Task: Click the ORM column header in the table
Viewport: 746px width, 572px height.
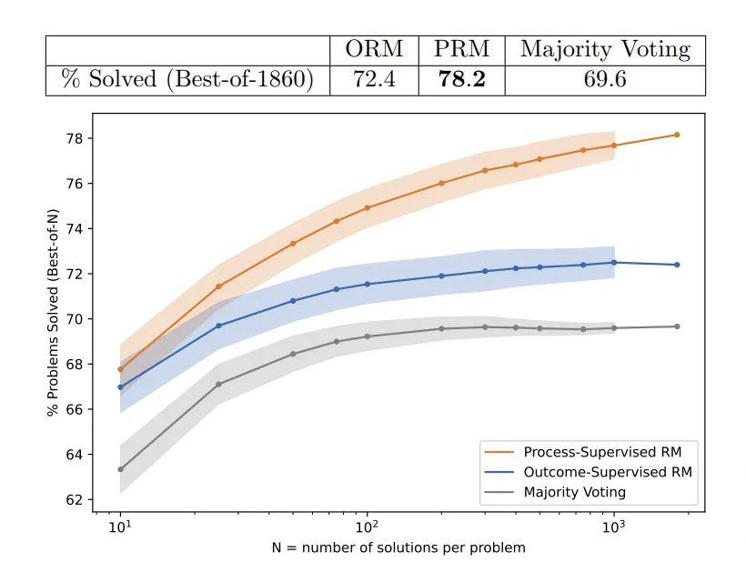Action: point(374,50)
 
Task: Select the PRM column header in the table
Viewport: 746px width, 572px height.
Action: point(461,50)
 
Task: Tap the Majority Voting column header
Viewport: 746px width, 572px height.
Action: point(605,50)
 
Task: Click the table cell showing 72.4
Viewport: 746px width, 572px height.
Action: point(374,80)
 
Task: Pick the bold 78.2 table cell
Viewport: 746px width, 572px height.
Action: point(461,80)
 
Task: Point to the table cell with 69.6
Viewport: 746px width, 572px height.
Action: point(605,80)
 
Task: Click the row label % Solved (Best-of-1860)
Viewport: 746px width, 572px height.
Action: point(187,80)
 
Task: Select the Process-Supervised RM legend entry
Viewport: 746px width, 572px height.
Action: point(601,452)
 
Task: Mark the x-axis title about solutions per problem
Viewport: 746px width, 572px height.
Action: point(398,548)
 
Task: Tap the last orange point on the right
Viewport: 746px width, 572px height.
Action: point(677,135)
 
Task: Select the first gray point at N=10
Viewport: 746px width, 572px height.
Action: point(120,469)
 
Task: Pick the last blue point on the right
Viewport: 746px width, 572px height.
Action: point(677,265)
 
